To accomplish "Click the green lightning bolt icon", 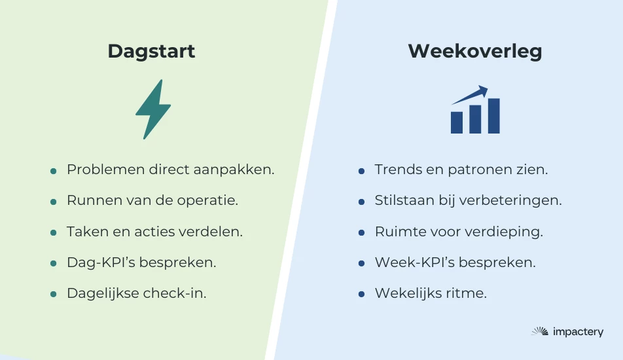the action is click(153, 109).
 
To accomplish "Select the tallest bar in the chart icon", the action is click(493, 116).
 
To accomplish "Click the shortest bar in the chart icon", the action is click(457, 122).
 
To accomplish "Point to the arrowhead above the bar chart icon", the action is click(482, 91).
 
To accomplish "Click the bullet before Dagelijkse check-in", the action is click(54, 295).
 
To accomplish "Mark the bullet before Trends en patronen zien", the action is click(361, 171).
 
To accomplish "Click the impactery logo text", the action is click(578, 332).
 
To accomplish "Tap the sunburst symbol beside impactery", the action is click(540, 331).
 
